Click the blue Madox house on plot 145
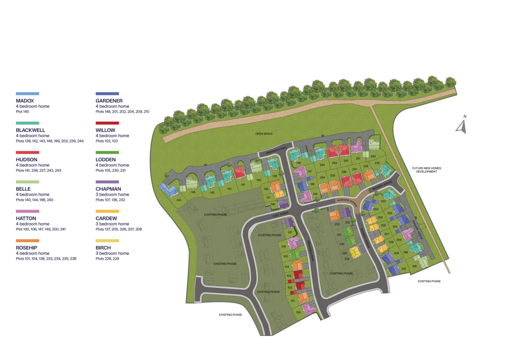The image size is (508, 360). click(167, 189)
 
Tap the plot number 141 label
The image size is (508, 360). click(243, 184)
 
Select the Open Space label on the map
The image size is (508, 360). click(264, 134)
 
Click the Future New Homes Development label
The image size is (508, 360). click(426, 170)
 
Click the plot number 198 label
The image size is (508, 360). click(414, 266)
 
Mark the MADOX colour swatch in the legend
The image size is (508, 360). click(27, 93)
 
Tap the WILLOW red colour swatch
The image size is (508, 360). click(107, 123)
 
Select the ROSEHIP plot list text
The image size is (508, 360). click(46, 259)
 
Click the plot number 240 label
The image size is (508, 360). click(373, 156)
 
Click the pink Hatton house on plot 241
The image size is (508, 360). click(356, 147)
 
